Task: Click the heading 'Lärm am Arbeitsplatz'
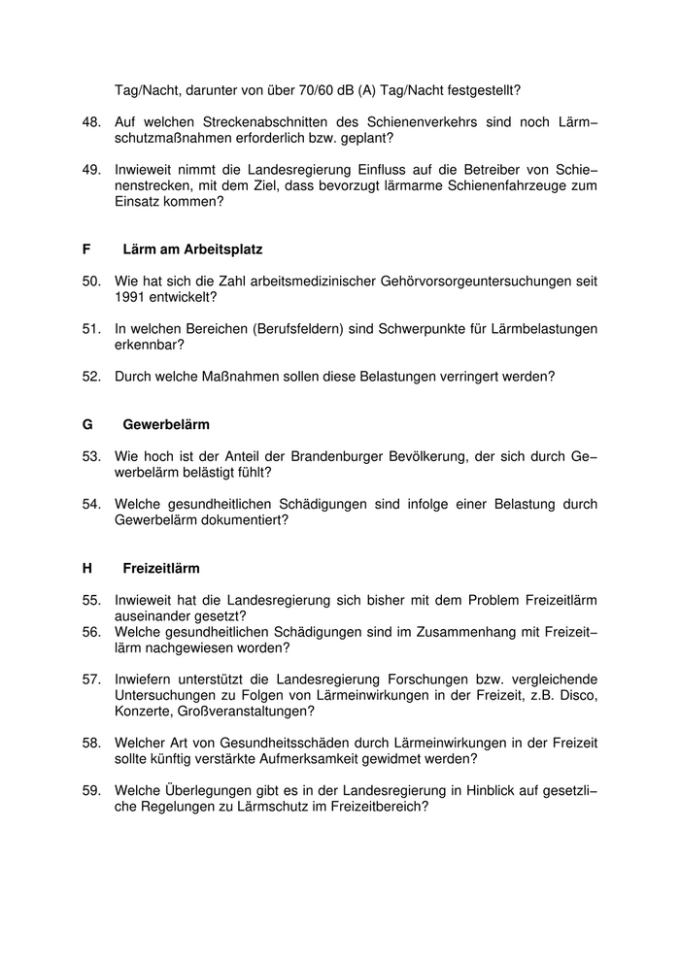[192, 249]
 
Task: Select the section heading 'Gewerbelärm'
[166, 424]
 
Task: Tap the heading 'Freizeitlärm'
[161, 568]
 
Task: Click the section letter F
[86, 249]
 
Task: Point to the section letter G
[87, 424]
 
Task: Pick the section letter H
[87, 568]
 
